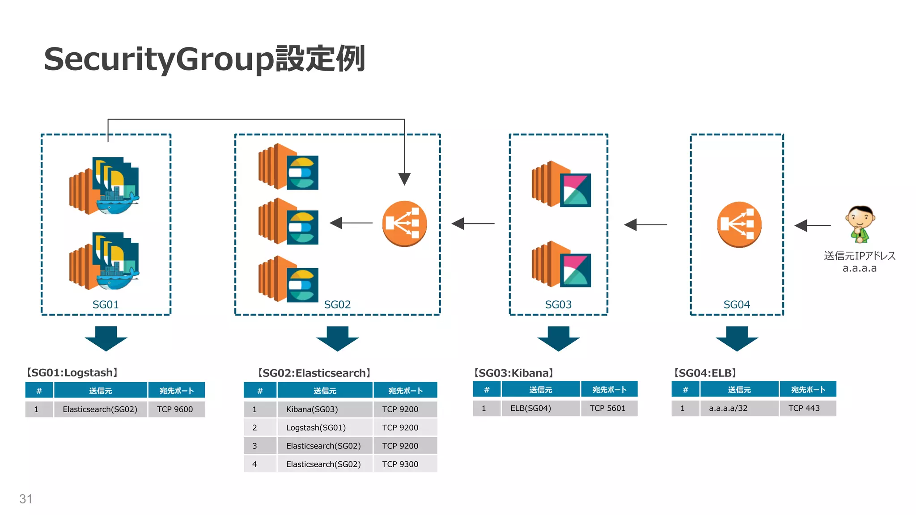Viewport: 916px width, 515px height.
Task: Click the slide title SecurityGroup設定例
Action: coord(204,59)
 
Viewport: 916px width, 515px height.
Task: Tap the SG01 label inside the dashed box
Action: coord(106,304)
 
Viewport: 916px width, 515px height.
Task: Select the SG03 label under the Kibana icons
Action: coord(558,304)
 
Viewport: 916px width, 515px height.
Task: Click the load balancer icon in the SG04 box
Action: coord(739,224)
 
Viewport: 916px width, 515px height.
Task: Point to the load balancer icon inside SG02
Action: coord(404,224)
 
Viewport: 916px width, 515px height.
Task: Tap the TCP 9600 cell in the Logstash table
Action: coord(175,409)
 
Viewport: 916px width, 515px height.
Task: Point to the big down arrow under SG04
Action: coord(737,338)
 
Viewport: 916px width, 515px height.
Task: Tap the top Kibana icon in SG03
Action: coord(562,184)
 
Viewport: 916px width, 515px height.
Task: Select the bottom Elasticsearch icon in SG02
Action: coord(288,279)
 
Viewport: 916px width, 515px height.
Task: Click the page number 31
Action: coord(26,499)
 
